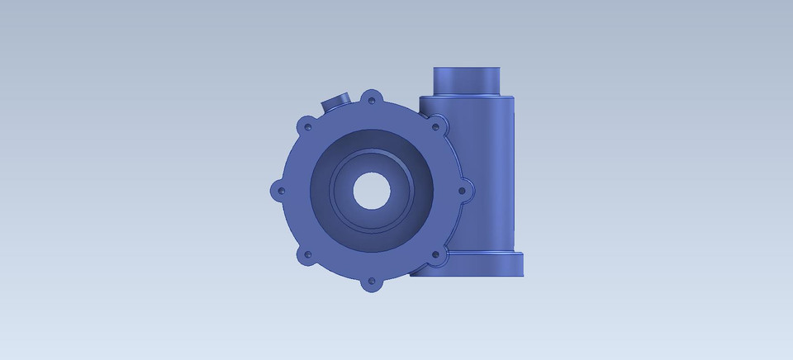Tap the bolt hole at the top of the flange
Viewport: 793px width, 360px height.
[x=372, y=100]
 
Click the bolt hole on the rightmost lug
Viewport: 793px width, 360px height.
[x=463, y=191]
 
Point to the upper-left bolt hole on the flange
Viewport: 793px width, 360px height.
[x=307, y=127]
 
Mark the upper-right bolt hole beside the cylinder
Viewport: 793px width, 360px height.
[x=435, y=127]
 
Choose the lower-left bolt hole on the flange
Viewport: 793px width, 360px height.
[x=307, y=255]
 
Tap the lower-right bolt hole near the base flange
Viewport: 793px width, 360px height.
[x=435, y=256]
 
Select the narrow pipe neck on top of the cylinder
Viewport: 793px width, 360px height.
[x=467, y=81]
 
